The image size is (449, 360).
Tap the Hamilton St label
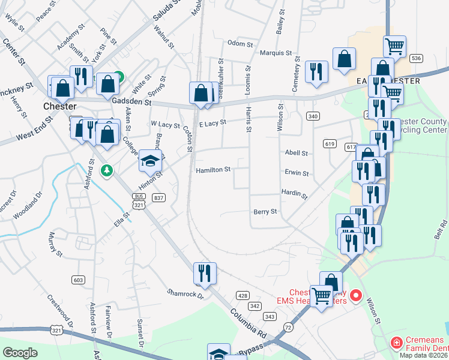[x=213, y=170]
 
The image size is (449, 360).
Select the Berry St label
[x=265, y=212]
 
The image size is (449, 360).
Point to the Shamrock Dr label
[x=185, y=295]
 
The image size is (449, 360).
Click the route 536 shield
[x=417, y=58]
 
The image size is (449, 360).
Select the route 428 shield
[x=243, y=295]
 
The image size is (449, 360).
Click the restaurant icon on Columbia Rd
[x=205, y=273]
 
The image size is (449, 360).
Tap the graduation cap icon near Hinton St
[x=150, y=160]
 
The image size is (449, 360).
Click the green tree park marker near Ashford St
[x=106, y=171]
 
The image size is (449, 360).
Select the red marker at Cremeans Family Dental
[x=396, y=343]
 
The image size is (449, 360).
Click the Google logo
[x=20, y=353]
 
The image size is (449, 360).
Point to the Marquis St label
[x=276, y=53]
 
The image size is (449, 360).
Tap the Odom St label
[x=240, y=43]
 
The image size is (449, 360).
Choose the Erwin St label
[x=297, y=173]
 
